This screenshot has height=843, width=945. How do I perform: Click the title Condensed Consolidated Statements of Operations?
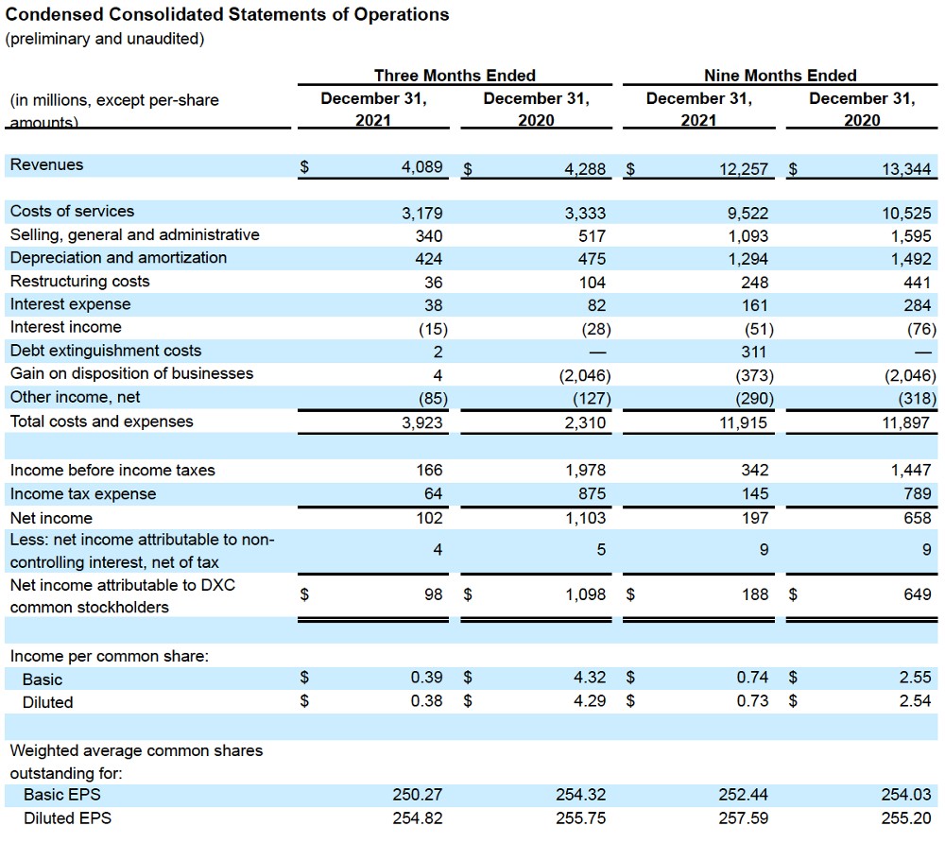[227, 15]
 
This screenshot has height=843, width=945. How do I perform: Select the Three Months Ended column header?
[455, 76]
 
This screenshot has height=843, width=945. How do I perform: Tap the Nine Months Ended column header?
[780, 76]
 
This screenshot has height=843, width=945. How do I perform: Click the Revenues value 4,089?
[421, 167]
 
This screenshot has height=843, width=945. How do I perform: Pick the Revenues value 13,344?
[906, 169]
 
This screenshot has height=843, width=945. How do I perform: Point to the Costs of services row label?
[72, 211]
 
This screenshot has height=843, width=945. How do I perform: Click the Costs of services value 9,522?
[748, 213]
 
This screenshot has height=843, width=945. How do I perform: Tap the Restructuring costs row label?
[79, 282]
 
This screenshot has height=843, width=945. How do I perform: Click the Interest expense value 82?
[596, 305]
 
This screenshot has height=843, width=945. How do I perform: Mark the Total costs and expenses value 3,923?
[421, 422]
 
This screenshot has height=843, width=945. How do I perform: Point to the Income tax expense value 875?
[592, 494]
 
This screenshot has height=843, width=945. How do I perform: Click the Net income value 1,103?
[585, 518]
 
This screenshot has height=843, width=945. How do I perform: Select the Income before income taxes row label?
[112, 470]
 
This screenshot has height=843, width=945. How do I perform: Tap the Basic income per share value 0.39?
[427, 678]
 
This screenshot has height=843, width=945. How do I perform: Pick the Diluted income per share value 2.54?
[915, 701]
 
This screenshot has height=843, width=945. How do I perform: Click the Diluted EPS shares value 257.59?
[746, 818]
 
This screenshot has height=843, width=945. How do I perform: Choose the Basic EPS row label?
[61, 795]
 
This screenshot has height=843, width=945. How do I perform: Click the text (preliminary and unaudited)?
[104, 39]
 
